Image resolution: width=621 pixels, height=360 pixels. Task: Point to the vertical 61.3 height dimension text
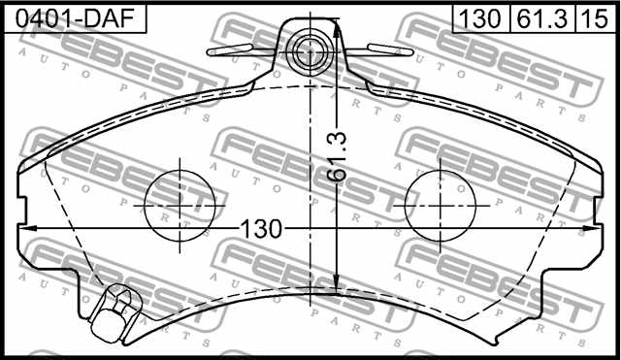(337, 156)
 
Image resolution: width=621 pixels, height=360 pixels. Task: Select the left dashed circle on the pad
(180, 206)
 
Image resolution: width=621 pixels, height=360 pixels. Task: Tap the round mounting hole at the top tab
(311, 48)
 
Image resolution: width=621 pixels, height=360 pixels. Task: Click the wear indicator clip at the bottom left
(114, 312)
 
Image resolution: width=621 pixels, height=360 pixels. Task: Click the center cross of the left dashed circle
(180, 206)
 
